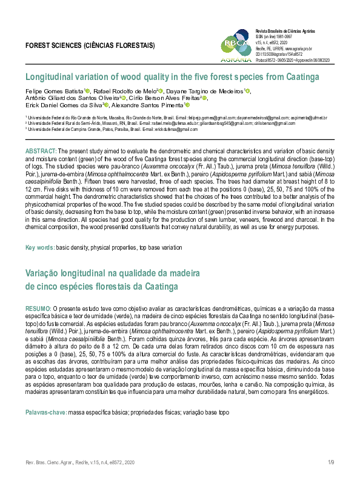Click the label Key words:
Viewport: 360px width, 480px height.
click(39, 248)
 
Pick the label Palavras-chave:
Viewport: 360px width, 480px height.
click(45, 412)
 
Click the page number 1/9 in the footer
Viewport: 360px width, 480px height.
click(331, 462)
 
